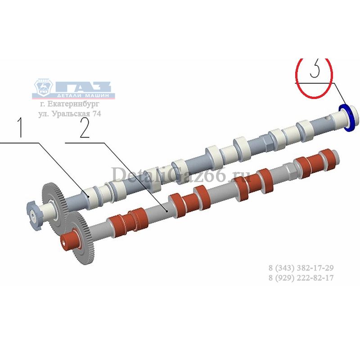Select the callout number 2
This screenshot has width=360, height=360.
click(85, 128)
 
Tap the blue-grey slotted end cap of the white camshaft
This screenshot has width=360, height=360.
click(33, 215)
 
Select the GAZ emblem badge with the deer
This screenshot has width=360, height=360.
click(43, 87)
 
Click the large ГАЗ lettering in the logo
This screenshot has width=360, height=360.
click(83, 87)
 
